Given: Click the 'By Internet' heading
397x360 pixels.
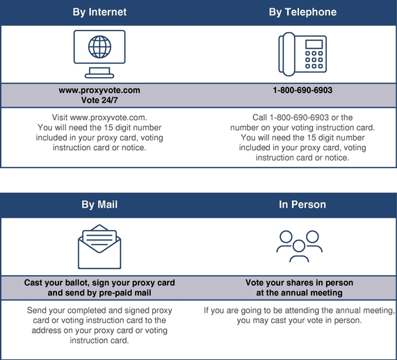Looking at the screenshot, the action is pyautogui.click(x=99, y=12).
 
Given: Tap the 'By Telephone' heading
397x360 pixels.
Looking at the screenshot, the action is pyautogui.click(x=302, y=12).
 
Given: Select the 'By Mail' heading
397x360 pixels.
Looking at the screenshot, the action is pyautogui.click(x=99, y=204).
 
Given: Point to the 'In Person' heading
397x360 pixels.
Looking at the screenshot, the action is pyautogui.click(x=302, y=204).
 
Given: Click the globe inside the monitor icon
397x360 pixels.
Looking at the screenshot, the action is pyautogui.click(x=99, y=47).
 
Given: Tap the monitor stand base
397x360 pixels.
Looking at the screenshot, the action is pyautogui.click(x=99, y=76).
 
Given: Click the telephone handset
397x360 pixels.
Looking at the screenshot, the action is pyautogui.click(x=288, y=54).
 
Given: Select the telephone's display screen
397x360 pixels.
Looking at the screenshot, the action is pyautogui.click(x=314, y=44).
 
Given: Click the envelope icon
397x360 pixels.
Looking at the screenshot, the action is pyautogui.click(x=99, y=247).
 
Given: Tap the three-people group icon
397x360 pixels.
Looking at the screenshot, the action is pyautogui.click(x=299, y=246).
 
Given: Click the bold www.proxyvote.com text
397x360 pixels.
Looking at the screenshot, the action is pyautogui.click(x=99, y=90).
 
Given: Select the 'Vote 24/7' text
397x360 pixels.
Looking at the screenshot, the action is pyautogui.click(x=99, y=100).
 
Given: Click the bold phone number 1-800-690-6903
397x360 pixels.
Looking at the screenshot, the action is pyautogui.click(x=302, y=90).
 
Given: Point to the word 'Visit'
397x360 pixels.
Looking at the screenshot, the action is pyautogui.click(x=60, y=117).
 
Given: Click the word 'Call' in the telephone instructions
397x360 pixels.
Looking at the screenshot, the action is pyautogui.click(x=260, y=117).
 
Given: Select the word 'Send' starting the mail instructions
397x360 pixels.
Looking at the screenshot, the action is pyautogui.click(x=36, y=311).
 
